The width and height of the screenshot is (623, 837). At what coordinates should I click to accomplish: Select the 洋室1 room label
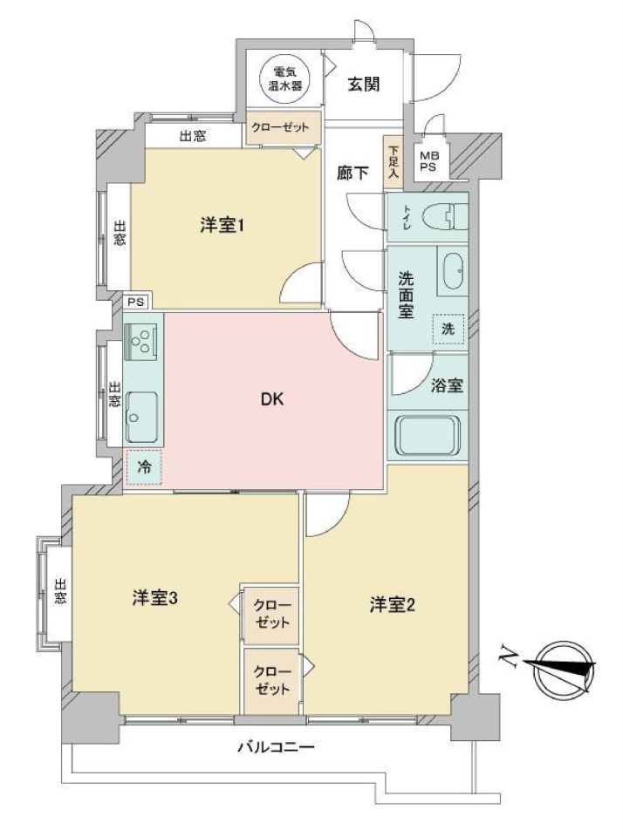click(222, 226)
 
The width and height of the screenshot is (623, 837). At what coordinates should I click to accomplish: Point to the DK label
click(272, 398)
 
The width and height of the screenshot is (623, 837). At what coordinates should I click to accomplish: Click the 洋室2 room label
click(392, 605)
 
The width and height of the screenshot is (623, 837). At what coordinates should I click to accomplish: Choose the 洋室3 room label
click(155, 598)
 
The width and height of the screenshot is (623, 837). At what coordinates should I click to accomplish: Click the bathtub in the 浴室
click(427, 436)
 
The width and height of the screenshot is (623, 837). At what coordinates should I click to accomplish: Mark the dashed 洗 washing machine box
click(448, 329)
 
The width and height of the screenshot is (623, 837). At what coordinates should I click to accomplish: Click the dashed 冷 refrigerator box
click(144, 467)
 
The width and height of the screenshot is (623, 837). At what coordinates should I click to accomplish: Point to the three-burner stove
click(140, 342)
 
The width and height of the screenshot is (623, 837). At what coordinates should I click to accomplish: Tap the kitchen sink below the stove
click(141, 417)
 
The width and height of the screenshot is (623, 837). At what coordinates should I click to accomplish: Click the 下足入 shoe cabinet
click(394, 162)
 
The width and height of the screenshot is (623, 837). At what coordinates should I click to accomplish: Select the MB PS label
click(428, 160)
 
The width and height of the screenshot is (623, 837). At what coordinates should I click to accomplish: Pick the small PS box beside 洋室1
click(137, 303)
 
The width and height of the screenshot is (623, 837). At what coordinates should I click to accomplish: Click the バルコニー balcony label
click(276, 747)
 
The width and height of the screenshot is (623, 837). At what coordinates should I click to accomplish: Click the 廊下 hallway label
click(353, 173)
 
